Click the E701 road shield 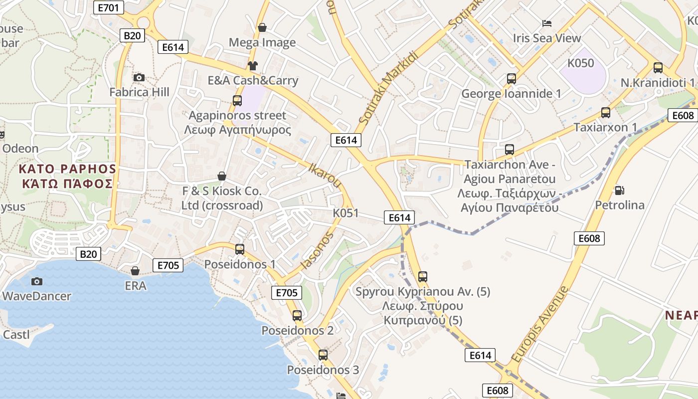[x=109, y=7]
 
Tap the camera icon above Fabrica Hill [x=139, y=77]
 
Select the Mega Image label [x=262, y=42]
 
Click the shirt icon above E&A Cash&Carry [x=252, y=65]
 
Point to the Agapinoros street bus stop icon [x=237, y=100]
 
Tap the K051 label [x=346, y=213]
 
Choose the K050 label [x=581, y=63]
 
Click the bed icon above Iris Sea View [x=547, y=23]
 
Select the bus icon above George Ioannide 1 [x=511, y=78]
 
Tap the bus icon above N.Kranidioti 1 [x=658, y=67]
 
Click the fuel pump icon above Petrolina [x=619, y=190]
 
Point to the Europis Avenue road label [x=539, y=325]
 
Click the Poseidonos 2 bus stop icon [x=297, y=315]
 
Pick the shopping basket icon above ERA [x=135, y=271]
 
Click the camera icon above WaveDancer [x=36, y=281]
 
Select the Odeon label [x=20, y=148]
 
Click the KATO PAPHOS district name [x=67, y=176]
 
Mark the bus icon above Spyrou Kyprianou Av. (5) [x=423, y=276]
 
